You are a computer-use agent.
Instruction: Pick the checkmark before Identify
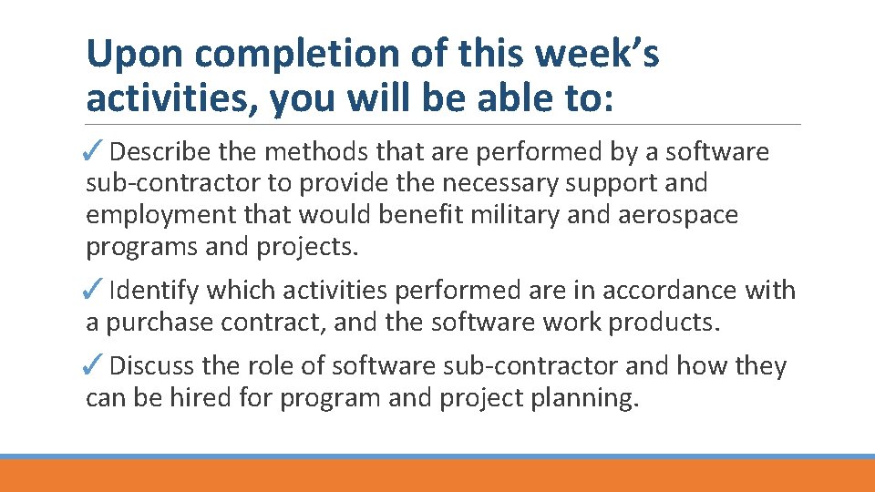click(x=96, y=291)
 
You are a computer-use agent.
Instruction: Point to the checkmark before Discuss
click(x=96, y=366)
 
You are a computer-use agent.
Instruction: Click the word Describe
click(x=164, y=151)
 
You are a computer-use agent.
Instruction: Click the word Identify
click(x=154, y=291)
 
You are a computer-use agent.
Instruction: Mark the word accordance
click(x=653, y=291)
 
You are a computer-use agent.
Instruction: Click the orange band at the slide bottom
click(x=437, y=476)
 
